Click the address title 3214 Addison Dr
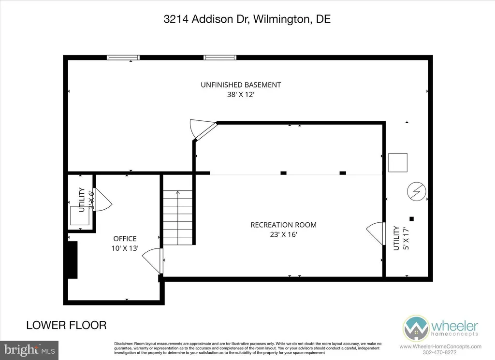[247, 20]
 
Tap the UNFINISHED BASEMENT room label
[241, 85]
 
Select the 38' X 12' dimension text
[241, 95]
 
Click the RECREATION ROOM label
[283, 225]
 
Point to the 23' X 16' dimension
[283, 235]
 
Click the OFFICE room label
[125, 238]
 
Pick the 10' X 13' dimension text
[125, 248]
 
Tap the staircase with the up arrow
[177, 217]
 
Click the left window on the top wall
[123, 58]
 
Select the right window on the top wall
[220, 58]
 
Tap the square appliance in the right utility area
[398, 162]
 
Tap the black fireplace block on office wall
[72, 260]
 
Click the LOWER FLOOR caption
[66, 325]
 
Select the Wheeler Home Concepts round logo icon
[417, 329]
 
